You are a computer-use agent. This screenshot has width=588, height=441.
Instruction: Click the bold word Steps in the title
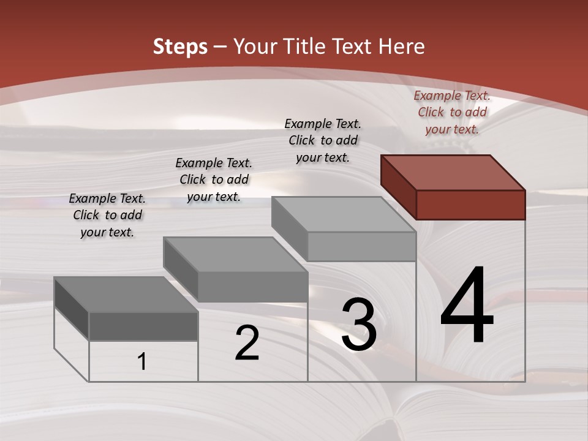180,47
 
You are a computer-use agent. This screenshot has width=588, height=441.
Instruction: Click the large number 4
467,306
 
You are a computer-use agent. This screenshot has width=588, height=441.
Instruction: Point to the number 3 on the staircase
359,325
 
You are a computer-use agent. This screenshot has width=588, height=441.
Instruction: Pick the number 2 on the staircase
247,343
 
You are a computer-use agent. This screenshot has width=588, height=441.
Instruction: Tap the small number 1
142,362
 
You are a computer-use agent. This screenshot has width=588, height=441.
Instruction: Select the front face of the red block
470,205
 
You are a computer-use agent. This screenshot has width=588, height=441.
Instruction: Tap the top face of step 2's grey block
235,254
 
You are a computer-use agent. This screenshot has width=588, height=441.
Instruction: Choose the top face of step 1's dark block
126,295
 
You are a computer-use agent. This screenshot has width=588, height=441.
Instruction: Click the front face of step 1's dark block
143,326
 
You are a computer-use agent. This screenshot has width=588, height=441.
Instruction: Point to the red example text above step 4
452,112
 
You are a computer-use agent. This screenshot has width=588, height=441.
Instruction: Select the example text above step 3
323,140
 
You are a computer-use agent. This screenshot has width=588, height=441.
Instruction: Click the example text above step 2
214,179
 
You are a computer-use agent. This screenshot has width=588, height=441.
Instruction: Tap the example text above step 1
107,215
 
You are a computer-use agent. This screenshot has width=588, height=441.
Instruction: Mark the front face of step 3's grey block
361,246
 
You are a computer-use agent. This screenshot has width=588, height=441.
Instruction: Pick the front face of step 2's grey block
252,286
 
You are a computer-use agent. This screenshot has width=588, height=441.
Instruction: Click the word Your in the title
256,47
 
